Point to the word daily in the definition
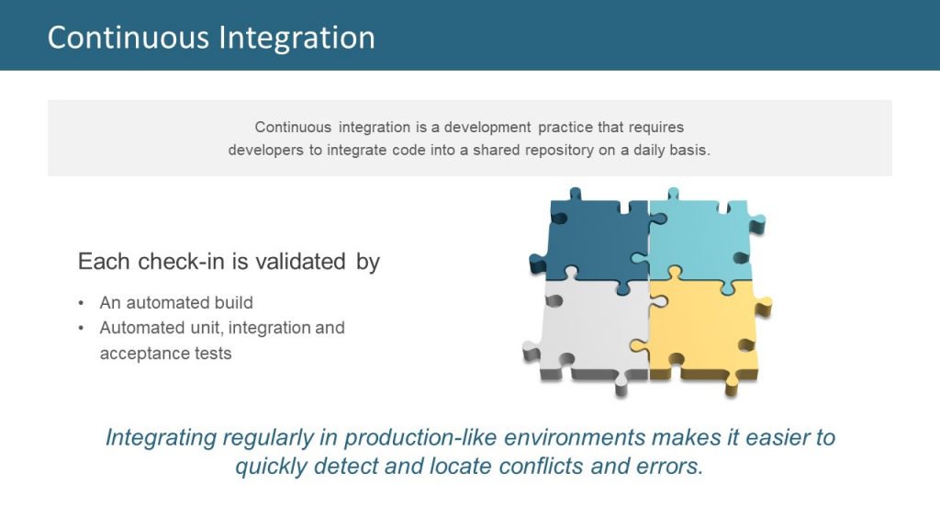coord(652,150)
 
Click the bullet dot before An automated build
coord(82,303)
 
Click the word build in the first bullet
coord(233,303)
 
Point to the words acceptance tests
coord(165,354)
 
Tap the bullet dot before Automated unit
coord(82,328)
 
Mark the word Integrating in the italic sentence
coord(162,437)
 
